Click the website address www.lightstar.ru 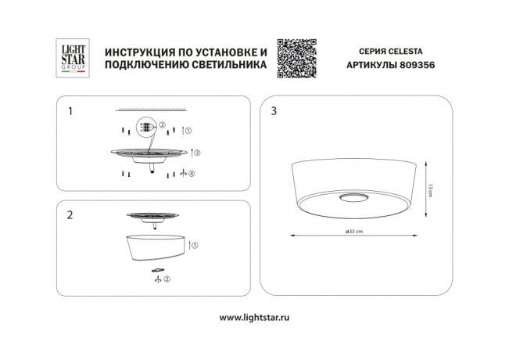(254, 318)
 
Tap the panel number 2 (70, 214)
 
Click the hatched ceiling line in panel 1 (151, 110)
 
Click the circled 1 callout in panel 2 (195, 245)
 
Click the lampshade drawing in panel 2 (156, 247)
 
